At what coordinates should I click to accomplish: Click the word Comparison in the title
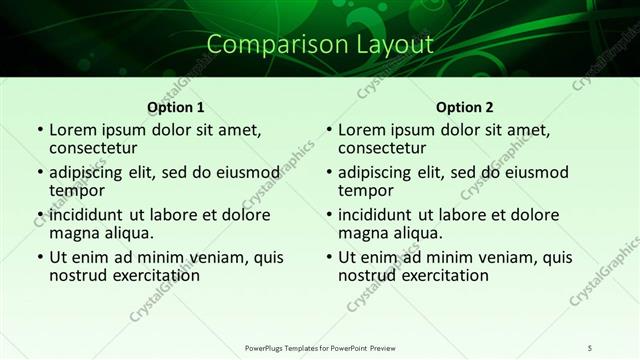[x=261, y=45]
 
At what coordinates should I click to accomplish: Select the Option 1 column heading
[x=176, y=107]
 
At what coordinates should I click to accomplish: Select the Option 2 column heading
[x=464, y=107]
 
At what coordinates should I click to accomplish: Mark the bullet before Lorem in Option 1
[x=39, y=131]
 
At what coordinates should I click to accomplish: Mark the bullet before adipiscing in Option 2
[x=327, y=173]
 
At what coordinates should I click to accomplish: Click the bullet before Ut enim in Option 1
[x=39, y=257]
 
